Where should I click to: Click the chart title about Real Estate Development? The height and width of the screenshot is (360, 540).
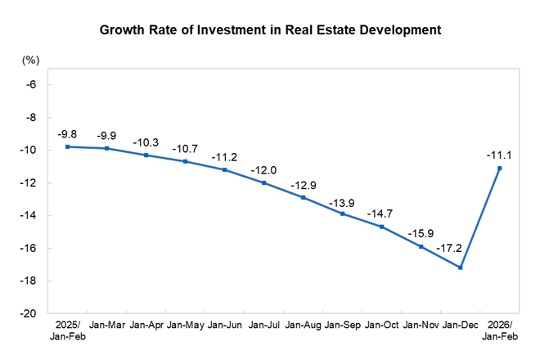click(x=270, y=30)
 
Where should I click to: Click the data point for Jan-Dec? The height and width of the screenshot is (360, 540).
click(x=461, y=268)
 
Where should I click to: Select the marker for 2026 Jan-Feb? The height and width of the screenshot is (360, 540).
click(x=499, y=169)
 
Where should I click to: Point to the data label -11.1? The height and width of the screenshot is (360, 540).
click(x=498, y=151)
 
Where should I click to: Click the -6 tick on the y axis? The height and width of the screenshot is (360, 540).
click(x=31, y=84)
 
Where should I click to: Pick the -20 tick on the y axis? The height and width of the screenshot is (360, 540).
click(x=29, y=313)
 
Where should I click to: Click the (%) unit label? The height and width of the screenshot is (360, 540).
click(x=30, y=61)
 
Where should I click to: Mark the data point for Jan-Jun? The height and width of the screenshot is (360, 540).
click(x=225, y=169)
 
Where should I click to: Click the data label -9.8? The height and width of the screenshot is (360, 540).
click(x=67, y=134)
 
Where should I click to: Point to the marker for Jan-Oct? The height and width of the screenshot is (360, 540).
click(x=382, y=227)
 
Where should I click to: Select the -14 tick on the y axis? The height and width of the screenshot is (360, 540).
click(x=29, y=215)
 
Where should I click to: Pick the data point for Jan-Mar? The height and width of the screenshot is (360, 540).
click(x=107, y=148)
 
